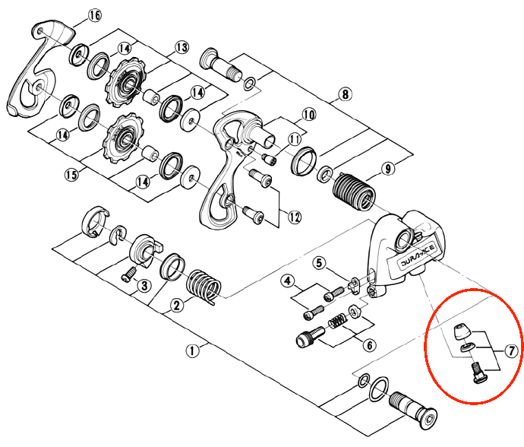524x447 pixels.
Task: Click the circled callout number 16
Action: [95, 15]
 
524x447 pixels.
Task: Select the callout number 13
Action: [182, 47]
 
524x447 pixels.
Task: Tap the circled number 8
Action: [345, 94]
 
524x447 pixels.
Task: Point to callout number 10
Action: [309, 115]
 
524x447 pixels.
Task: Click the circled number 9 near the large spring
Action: [387, 168]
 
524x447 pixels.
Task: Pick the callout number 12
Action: [295, 217]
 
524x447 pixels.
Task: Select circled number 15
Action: [71, 175]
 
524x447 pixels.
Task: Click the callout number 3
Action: [144, 286]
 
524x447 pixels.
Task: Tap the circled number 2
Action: [177, 305]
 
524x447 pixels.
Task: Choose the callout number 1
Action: [192, 351]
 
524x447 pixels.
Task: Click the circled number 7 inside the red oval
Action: [511, 351]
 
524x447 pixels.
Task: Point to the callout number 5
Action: [319, 263]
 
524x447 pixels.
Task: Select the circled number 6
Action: [370, 345]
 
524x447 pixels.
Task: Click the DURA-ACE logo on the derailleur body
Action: [418, 255]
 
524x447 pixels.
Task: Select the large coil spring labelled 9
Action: [354, 192]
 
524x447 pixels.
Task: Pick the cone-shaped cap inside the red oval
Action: [462, 332]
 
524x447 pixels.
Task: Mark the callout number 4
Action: [288, 281]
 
